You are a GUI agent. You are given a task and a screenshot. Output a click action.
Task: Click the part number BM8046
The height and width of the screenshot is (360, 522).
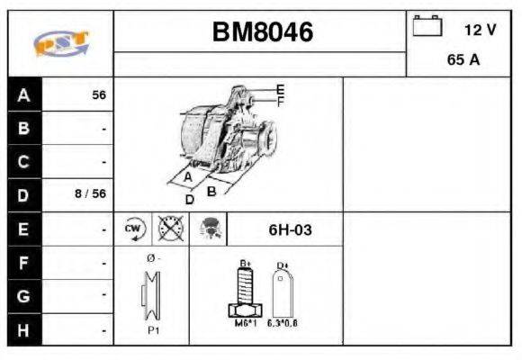262,32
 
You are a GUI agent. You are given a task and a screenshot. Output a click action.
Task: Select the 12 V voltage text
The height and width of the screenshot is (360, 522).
479,30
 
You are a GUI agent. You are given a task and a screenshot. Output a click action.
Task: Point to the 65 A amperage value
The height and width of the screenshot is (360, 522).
463,61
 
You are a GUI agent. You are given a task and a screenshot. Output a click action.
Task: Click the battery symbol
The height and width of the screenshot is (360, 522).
427,27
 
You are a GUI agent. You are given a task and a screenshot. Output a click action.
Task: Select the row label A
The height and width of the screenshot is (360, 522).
23,94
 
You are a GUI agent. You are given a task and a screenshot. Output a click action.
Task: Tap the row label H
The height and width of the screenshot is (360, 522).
23,329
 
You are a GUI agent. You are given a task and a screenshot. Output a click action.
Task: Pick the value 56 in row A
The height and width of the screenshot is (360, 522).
98,94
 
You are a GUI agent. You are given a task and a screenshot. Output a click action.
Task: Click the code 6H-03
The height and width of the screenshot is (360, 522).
290,229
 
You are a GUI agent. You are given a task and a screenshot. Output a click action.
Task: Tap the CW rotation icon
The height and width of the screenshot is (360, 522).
134,229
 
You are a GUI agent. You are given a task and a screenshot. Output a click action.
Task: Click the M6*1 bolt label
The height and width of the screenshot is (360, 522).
242,321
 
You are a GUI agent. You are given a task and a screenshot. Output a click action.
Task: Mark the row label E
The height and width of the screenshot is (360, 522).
23,229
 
